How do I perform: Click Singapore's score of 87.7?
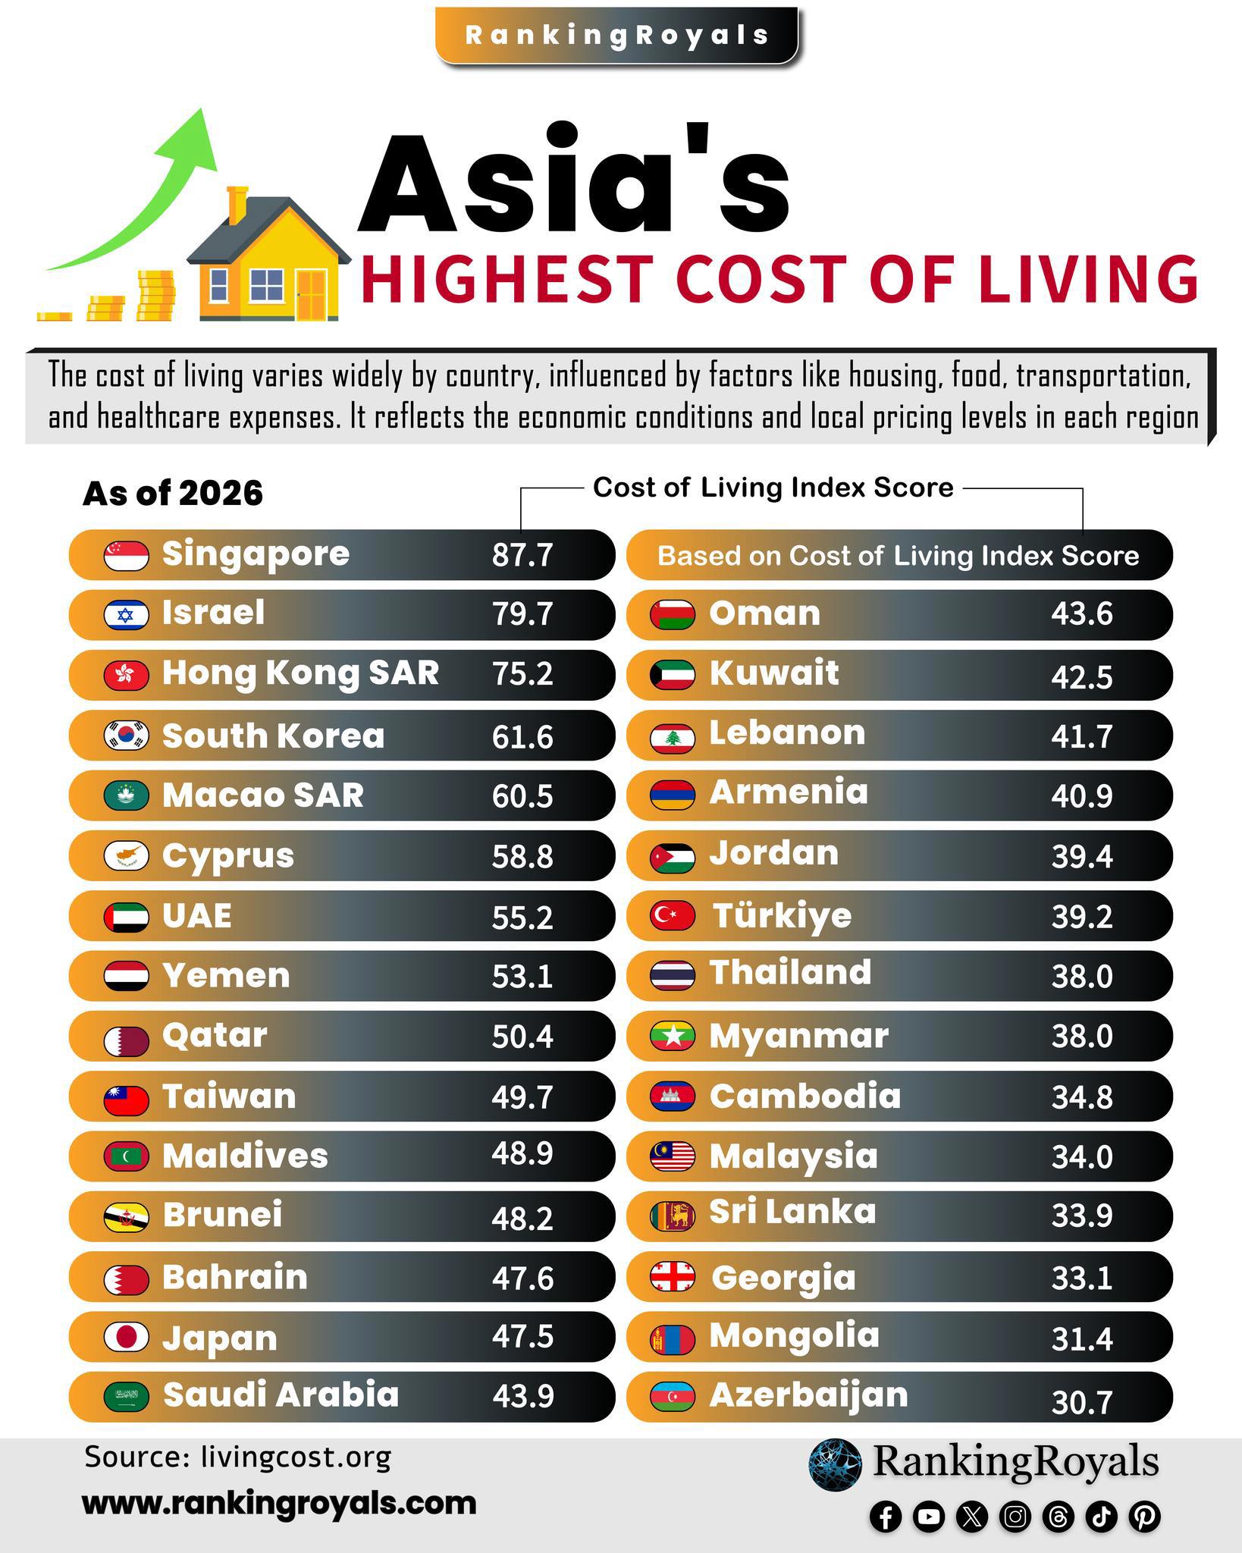click(x=522, y=555)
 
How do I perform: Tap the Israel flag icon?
click(x=126, y=614)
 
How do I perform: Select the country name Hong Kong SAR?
click(x=301, y=673)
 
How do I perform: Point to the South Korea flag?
click(x=126, y=735)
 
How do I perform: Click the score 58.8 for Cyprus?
click(x=522, y=857)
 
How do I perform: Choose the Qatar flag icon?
click(x=126, y=1036)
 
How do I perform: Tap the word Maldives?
click(x=246, y=1156)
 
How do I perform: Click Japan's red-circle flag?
click(x=126, y=1337)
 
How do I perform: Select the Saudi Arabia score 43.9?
click(x=523, y=1395)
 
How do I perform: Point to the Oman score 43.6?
click(x=1081, y=614)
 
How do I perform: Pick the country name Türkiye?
click(x=782, y=915)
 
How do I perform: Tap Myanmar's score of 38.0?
click(x=1081, y=1036)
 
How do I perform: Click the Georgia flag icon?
click(x=673, y=1277)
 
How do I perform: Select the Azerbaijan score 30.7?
click(x=1081, y=1403)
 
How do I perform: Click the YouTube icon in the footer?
click(x=929, y=1516)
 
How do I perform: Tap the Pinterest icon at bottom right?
click(x=1145, y=1516)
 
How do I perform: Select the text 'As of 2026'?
click(x=173, y=494)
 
